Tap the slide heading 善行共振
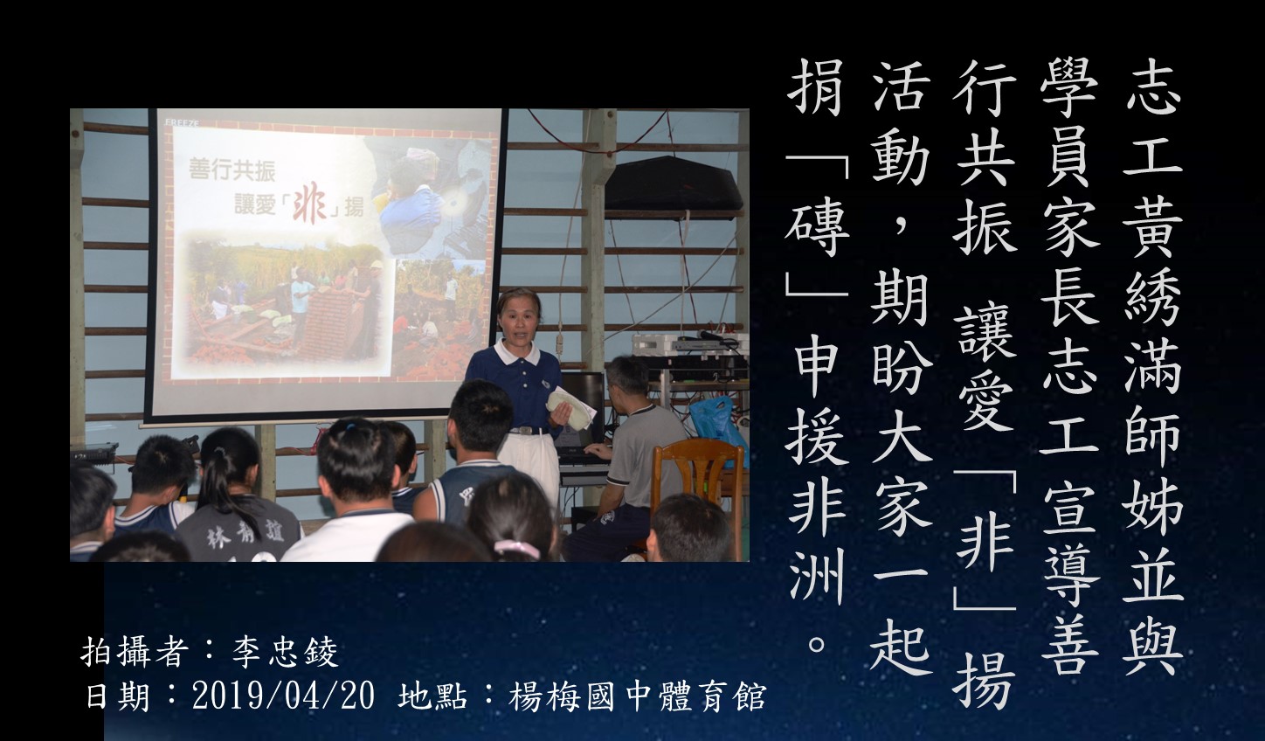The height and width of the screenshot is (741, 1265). pos(232,170)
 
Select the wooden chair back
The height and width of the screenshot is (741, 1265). pos(698,474)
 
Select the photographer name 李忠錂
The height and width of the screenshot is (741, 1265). pos(285,654)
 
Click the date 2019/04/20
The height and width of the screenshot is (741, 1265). pos(283,696)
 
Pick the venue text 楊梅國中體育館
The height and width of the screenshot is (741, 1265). pos(638,696)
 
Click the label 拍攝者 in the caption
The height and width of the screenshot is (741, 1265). pos(135,654)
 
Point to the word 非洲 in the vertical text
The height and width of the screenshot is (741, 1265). pos(817,542)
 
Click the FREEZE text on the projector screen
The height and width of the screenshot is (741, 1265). pos(182,122)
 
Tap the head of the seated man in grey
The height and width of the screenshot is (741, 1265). pos(630,377)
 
